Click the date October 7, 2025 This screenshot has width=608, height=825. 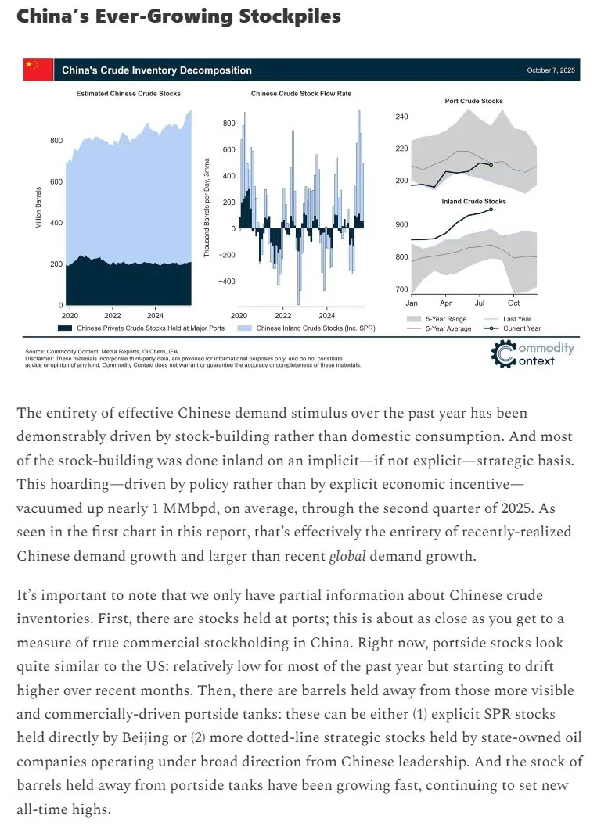tap(551, 71)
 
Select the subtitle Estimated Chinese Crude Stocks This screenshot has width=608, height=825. tap(128, 94)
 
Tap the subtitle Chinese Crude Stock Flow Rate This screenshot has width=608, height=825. tap(301, 94)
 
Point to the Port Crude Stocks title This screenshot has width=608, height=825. tap(473, 101)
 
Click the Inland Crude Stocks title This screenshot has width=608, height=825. tap(473, 202)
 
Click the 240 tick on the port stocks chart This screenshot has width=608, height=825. tap(401, 117)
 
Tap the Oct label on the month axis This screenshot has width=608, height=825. tap(514, 303)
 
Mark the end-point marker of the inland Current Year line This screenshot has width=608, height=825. tap(491, 210)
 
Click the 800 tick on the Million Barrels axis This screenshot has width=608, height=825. tap(56, 141)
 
